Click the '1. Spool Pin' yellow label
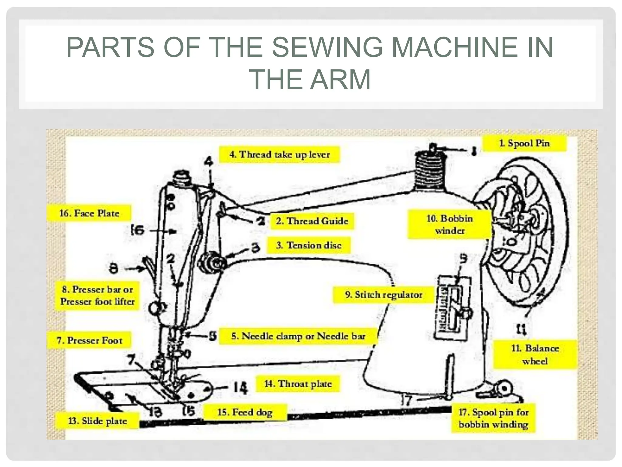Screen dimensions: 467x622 (524, 143)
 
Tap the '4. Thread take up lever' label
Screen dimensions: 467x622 (279, 154)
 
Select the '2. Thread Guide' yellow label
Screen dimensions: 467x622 (312, 221)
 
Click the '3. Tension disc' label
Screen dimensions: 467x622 (309, 245)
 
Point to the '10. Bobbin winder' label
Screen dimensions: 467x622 (449, 224)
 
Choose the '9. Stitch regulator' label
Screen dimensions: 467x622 (383, 295)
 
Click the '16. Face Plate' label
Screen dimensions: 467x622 (89, 213)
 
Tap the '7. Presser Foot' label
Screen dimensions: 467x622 (89, 340)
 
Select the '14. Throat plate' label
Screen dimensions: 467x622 (298, 384)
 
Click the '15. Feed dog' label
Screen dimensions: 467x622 (245, 412)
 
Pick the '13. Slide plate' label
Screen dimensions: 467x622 (97, 421)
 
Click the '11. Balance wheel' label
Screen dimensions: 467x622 (535, 355)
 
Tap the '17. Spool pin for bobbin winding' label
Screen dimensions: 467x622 (493, 418)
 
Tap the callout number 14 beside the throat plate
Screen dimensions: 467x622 (240, 388)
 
